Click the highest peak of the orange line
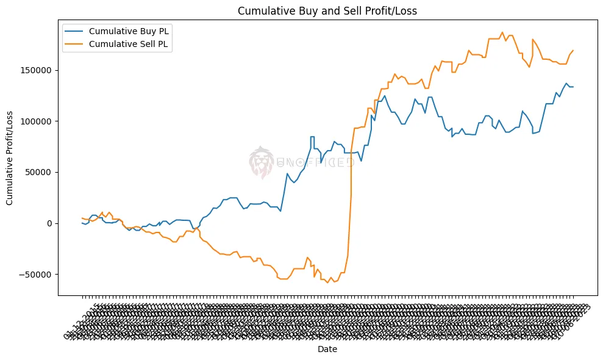(502, 32)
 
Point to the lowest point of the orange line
(327, 283)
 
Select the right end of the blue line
(573, 87)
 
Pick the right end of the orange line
(573, 50)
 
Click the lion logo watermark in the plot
(262, 162)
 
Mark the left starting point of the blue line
(82, 223)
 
